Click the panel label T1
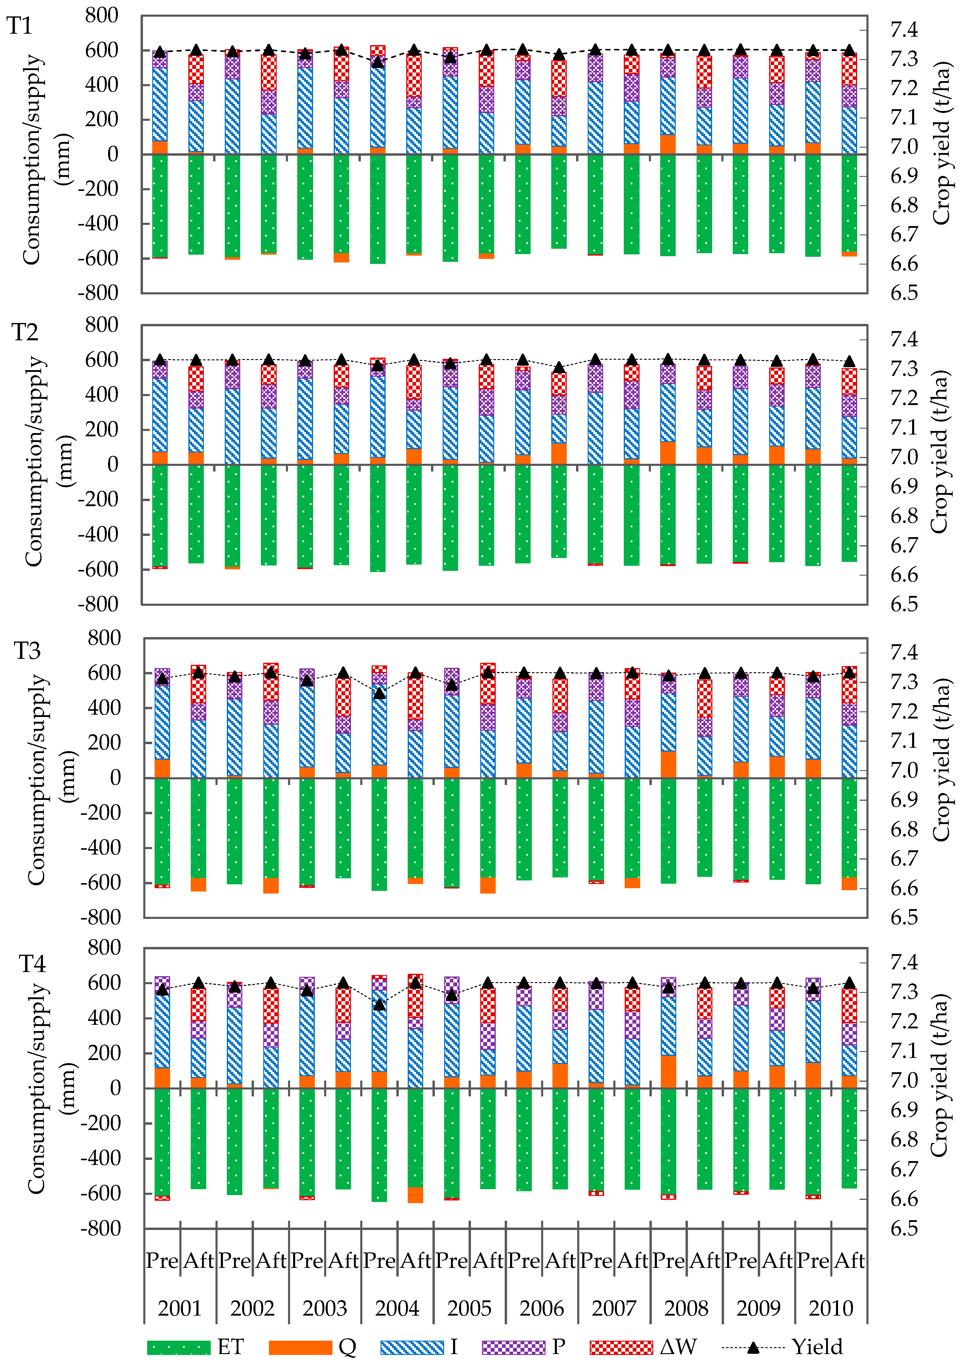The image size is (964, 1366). [20, 26]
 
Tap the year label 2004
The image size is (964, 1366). [397, 1308]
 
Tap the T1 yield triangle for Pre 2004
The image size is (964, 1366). [378, 62]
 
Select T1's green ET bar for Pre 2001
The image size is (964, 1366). [160, 205]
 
